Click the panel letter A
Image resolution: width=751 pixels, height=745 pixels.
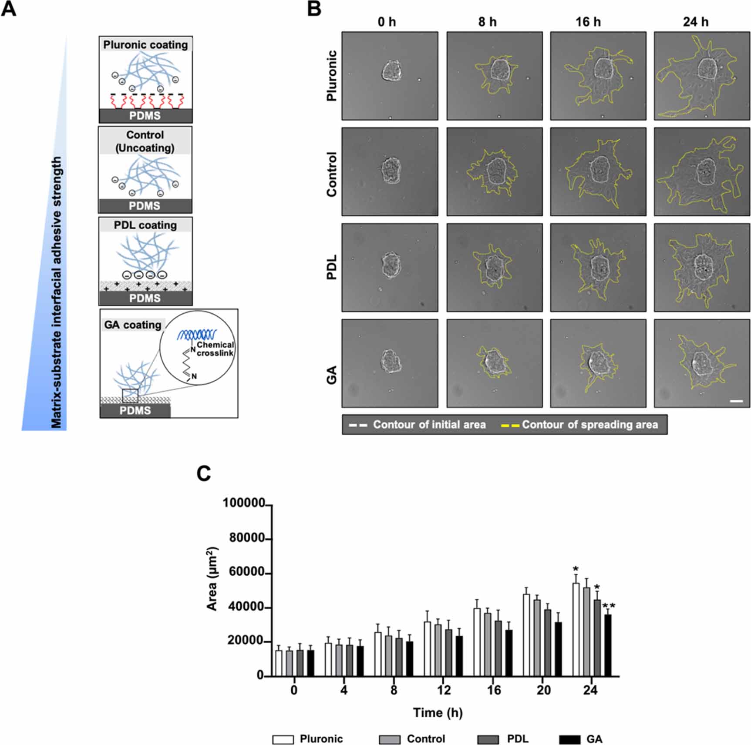9,9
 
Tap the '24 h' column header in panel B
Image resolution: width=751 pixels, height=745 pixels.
695,22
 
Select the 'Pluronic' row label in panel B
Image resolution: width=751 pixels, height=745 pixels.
332,76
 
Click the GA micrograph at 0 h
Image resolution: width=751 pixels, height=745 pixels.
390,363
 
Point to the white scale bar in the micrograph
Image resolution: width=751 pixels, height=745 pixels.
736,400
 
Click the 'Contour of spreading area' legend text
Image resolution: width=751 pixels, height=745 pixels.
590,425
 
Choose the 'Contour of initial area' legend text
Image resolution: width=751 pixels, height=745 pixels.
429,425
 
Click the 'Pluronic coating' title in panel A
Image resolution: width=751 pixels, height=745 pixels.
145,45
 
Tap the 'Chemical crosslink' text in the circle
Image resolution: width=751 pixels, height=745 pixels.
215,349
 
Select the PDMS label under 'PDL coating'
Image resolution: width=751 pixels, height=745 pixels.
145,298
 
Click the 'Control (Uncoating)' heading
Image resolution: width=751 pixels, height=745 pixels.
145,141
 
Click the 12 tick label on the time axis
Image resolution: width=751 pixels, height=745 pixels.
444,691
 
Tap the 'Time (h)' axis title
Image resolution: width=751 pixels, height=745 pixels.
438,713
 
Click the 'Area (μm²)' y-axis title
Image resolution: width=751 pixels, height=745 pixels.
212,579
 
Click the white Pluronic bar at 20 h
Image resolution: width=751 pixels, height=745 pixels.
526,635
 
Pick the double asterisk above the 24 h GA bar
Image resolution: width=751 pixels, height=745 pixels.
608,606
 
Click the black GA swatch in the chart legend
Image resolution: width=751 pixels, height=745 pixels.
569,739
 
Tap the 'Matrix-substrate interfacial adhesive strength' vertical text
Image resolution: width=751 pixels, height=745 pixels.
57,292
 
